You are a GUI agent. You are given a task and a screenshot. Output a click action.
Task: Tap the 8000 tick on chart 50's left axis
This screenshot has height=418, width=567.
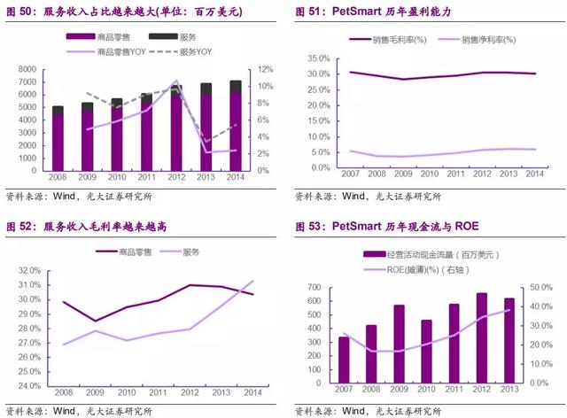(27, 69)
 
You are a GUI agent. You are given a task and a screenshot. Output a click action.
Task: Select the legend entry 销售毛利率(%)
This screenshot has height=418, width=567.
(390, 40)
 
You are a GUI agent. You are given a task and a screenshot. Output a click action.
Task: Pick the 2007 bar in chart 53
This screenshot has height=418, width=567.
(344, 361)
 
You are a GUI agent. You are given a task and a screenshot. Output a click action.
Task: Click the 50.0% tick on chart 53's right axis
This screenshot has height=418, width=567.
(538, 288)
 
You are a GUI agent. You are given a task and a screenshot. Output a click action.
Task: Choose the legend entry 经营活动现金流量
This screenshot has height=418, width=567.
(425, 255)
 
